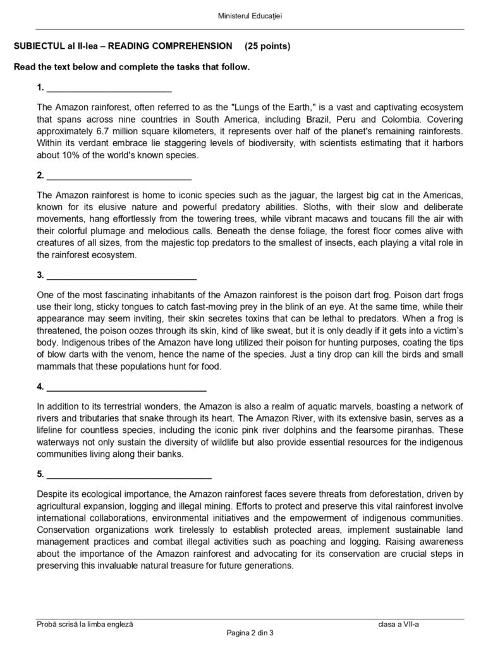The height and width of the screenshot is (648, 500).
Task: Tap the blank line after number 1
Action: click(x=109, y=89)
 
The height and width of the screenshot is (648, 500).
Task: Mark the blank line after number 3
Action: click(x=121, y=277)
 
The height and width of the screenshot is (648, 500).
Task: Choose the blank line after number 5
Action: click(x=129, y=476)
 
